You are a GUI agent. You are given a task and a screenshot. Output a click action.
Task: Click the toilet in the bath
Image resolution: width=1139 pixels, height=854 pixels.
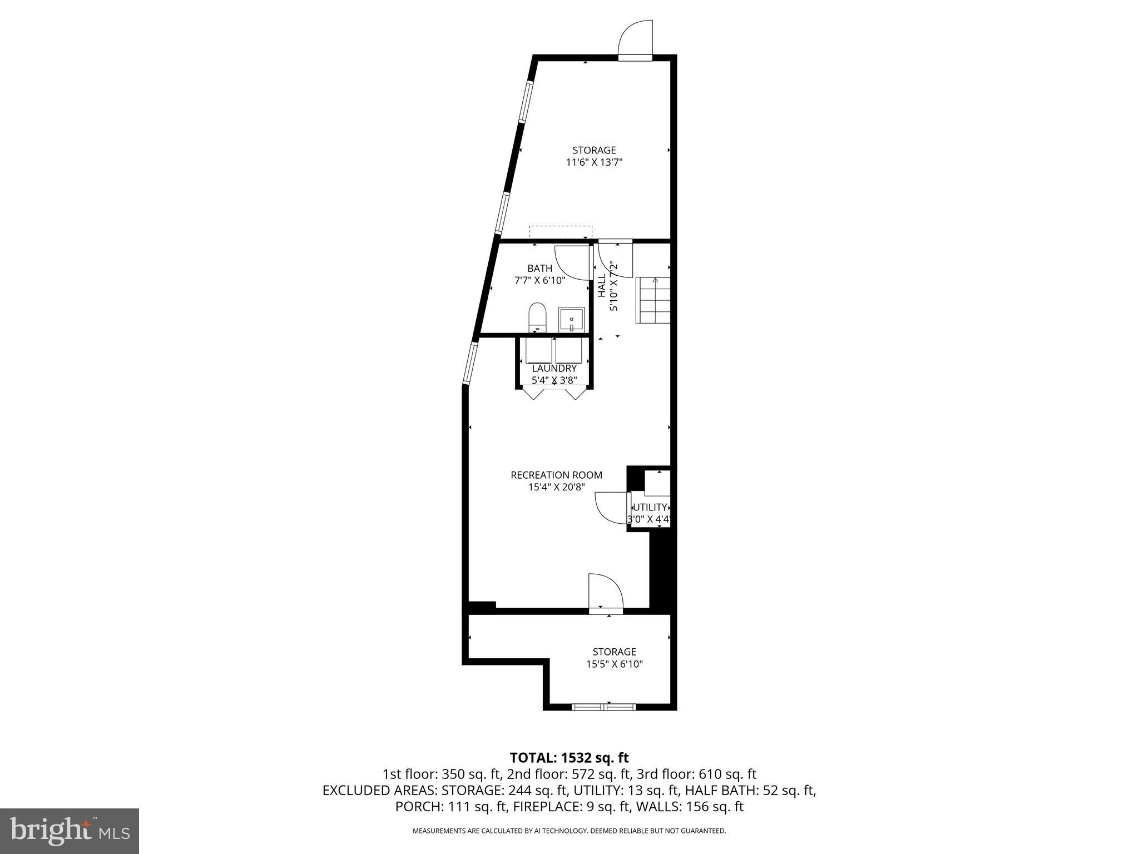537,317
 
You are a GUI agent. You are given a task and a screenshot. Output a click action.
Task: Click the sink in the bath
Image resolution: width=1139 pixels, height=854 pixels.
571,320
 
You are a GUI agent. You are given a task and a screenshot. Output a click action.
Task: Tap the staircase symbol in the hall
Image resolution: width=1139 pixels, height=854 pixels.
653,300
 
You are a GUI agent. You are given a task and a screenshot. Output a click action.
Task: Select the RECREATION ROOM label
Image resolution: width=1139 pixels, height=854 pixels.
556,475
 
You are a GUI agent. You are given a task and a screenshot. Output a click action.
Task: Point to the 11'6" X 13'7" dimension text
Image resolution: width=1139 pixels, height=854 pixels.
594,162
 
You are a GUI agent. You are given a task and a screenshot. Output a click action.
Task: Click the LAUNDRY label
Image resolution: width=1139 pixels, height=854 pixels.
554,369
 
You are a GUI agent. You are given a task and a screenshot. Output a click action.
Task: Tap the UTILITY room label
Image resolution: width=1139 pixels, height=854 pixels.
650,507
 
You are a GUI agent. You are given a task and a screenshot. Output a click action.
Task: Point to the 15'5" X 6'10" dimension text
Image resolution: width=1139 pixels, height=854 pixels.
614,664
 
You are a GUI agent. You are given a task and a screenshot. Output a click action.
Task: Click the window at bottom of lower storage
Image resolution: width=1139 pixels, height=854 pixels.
603,707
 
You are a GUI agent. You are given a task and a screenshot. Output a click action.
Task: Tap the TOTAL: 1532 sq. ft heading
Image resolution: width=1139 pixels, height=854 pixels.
569,757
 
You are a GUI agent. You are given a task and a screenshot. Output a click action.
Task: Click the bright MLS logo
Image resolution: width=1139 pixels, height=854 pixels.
70,831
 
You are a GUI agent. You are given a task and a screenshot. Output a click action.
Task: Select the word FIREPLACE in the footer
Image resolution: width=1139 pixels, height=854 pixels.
548,806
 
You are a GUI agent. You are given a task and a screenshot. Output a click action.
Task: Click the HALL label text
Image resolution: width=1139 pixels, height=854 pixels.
602,285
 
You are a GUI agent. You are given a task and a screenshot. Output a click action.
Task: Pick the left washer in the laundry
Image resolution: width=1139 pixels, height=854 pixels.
538,351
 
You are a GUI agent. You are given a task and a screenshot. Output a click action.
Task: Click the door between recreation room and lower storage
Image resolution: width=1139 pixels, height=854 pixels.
606,595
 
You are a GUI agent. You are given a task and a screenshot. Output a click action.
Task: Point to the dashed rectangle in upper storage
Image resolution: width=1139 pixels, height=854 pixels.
560,232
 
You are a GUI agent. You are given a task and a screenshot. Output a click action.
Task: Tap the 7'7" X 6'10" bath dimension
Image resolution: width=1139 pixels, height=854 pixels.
539,280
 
